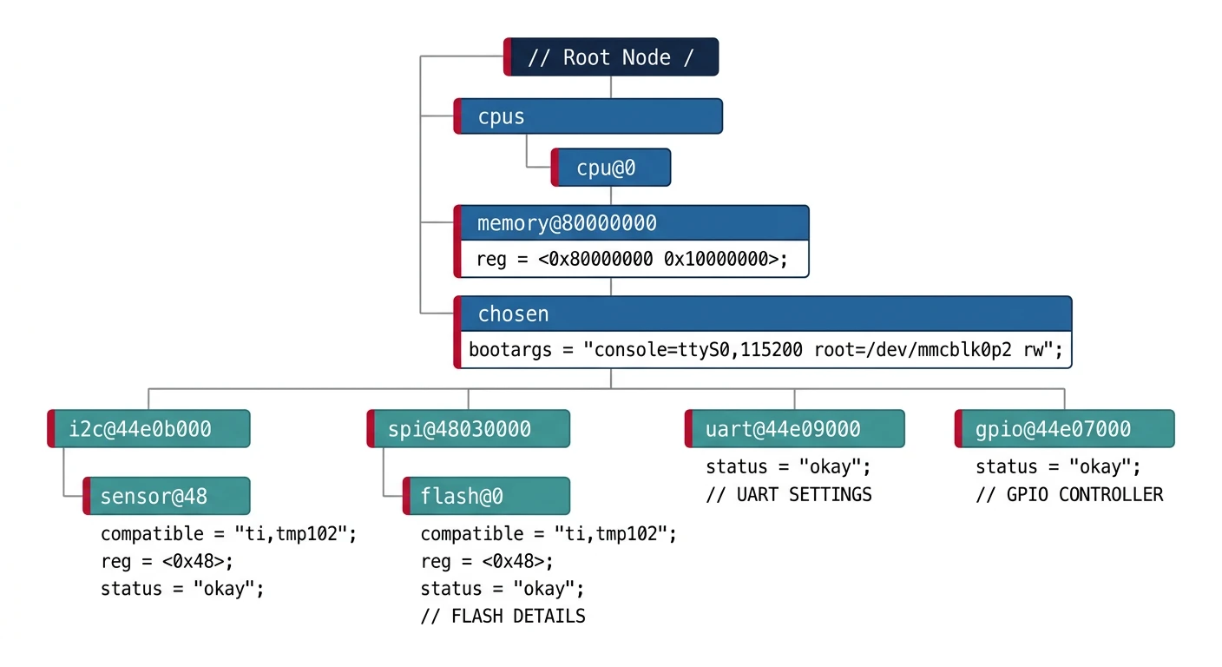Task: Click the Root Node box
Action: [611, 57]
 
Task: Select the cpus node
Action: [588, 116]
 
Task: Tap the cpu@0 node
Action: [611, 168]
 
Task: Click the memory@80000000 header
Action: [632, 223]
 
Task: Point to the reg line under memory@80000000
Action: [632, 260]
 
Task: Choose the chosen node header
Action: [763, 314]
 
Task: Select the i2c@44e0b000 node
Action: [149, 429]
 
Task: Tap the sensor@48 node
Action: [167, 496]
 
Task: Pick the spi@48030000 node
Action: [469, 429]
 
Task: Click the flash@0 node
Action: [487, 496]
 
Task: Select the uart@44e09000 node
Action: [794, 429]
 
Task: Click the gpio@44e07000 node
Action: [1064, 429]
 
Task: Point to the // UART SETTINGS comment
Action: [788, 495]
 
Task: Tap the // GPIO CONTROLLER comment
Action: [1068, 495]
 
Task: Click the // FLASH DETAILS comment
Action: [503, 617]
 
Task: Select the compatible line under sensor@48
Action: [228, 534]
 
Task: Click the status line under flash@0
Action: [502, 589]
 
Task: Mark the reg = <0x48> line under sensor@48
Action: [167, 561]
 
